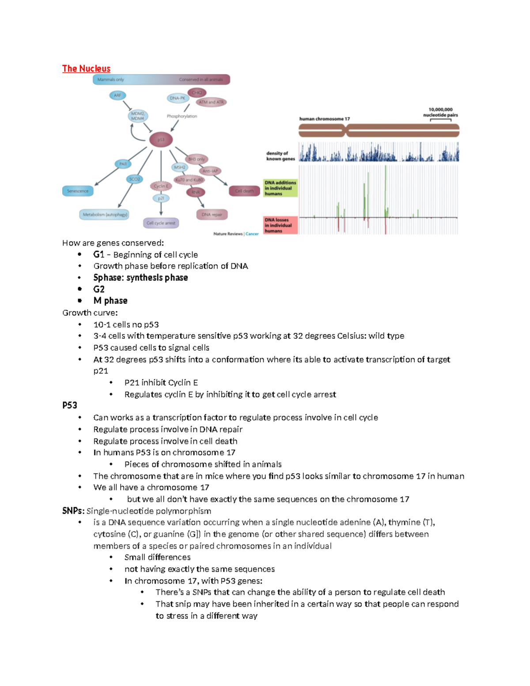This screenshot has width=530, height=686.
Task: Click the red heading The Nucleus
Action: pos(86,68)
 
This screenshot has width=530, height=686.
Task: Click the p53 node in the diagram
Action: pos(161,140)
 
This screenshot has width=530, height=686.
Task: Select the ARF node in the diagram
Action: pos(117,95)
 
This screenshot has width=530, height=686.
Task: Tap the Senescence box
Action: pos(78,191)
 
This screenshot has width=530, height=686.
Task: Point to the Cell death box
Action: pos(244,191)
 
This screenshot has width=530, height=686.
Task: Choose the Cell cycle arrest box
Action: pos(161,223)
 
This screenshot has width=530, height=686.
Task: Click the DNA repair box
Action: pos(212,215)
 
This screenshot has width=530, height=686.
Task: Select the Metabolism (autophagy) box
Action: pos(105,215)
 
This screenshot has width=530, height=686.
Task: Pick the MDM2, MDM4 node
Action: pos(137,116)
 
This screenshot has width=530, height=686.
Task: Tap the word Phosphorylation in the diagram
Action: pos(182,116)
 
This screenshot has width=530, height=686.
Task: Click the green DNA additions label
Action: pos(280,188)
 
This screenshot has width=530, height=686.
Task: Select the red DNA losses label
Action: pos(280,225)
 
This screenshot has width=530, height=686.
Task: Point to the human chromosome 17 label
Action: pos(324,119)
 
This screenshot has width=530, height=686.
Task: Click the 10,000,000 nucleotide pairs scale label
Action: pos(440,112)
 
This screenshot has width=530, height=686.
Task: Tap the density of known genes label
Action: pos(280,156)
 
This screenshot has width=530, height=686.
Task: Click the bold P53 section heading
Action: pos(70,406)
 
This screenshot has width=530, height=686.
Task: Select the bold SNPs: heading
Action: pos(73,511)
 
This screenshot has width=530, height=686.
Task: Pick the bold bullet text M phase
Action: pos(110,301)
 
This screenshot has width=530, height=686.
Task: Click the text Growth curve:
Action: pos(90,313)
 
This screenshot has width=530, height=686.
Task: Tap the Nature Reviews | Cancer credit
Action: pos(236,234)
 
